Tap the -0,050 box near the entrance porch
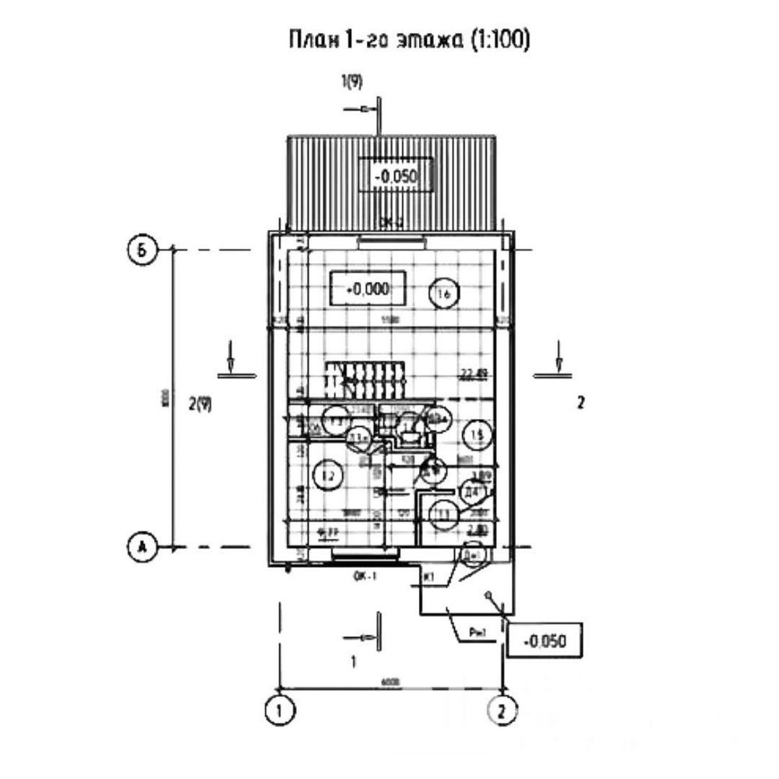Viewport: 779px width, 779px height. (545, 642)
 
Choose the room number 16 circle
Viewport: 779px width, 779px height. (445, 293)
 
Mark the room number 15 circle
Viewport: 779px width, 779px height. (475, 433)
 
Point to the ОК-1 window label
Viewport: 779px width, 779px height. (363, 578)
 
